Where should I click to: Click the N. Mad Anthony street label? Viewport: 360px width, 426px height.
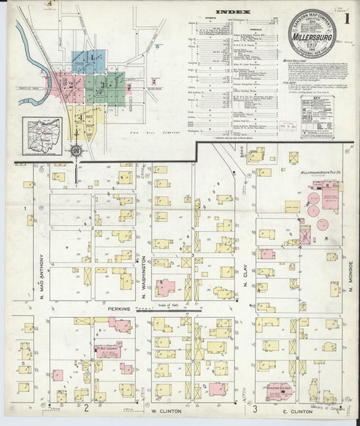point(42,273)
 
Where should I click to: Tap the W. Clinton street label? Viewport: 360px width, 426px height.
point(163,410)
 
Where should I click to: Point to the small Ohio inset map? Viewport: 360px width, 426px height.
point(43,132)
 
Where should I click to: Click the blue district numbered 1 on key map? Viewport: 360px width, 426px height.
point(88,60)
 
